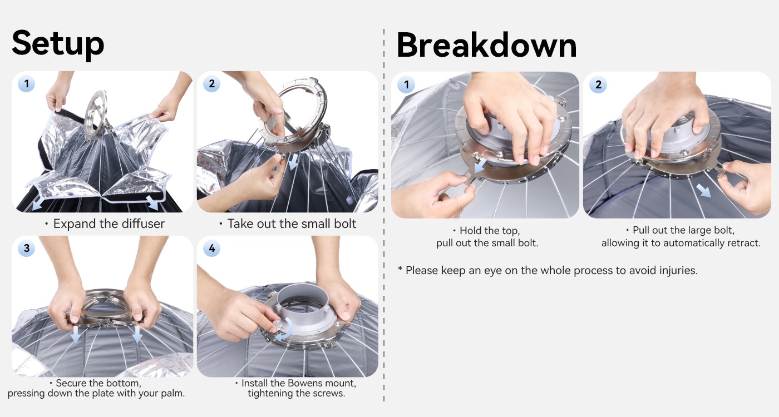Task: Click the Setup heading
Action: click(58, 44)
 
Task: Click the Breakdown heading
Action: click(486, 45)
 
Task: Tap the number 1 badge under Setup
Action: click(27, 84)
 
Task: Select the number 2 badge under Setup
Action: click(212, 84)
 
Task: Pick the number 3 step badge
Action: click(27, 248)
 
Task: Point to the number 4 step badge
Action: click(212, 248)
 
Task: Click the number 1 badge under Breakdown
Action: click(406, 85)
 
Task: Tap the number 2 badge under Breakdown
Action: click(598, 85)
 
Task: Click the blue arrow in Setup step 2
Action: click(294, 162)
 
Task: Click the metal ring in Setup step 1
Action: click(96, 115)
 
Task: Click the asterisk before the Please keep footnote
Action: click(400, 269)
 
